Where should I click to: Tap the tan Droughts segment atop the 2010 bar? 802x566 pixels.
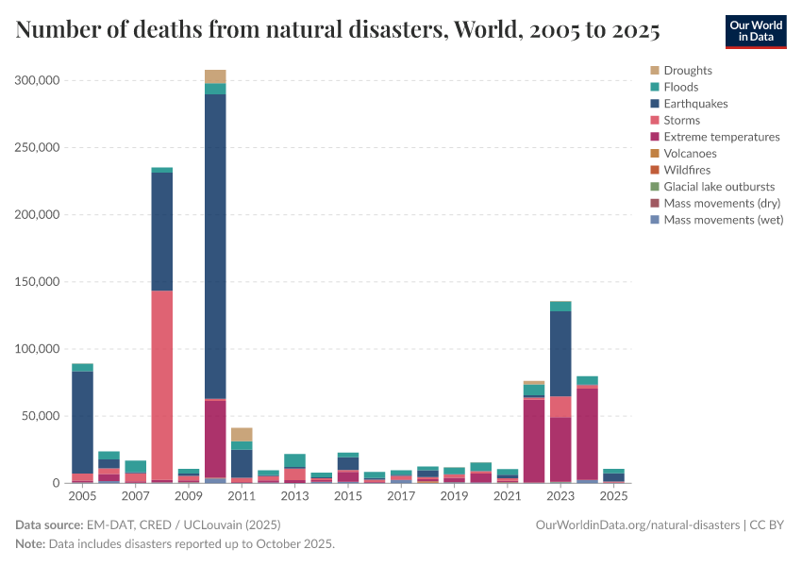(215, 76)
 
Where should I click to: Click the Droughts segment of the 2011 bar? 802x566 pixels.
(242, 434)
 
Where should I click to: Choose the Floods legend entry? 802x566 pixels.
(680, 87)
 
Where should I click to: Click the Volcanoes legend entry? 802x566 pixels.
(690, 153)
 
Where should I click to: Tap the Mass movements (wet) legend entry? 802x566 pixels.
(723, 220)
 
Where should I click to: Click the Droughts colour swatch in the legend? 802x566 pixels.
(654, 71)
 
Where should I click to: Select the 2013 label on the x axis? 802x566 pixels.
(295, 496)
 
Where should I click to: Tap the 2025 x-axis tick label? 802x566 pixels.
(613, 496)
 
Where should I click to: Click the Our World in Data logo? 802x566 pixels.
(755, 31)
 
